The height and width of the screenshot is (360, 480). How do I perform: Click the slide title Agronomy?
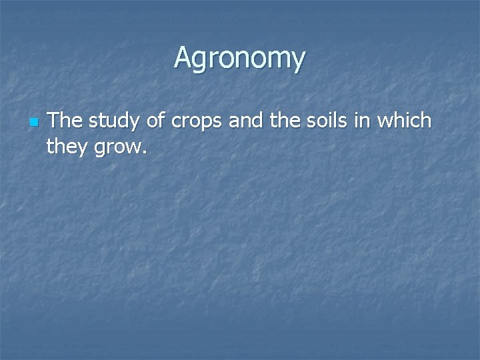click(240, 58)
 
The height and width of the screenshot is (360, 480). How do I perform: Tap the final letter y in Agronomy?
click(298, 61)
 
